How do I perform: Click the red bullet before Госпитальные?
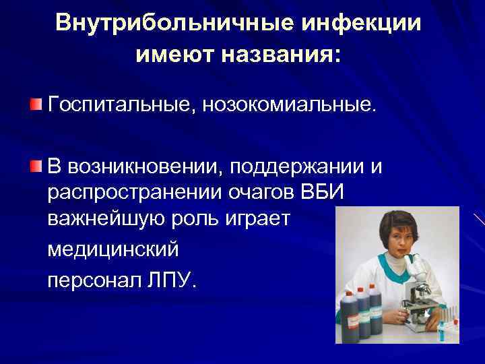tap(36, 105)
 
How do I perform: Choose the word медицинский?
tap(113, 250)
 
